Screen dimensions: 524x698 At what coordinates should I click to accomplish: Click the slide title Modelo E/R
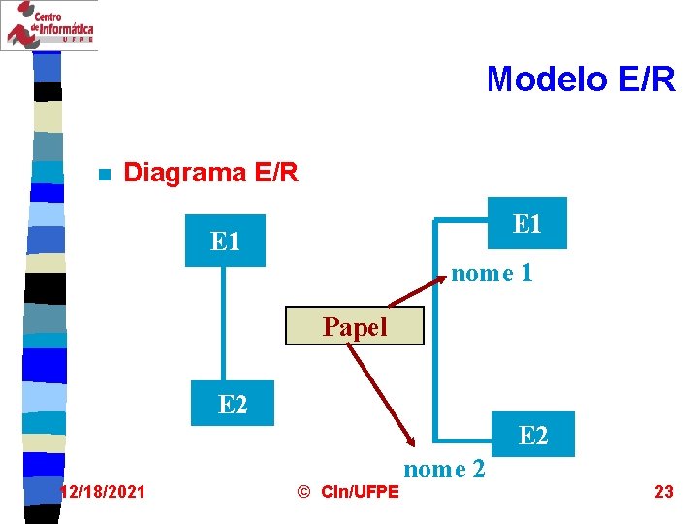pos(580,79)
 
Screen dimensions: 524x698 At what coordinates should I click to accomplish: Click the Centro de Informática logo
pos(49,25)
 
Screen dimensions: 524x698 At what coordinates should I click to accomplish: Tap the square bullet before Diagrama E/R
pos(104,176)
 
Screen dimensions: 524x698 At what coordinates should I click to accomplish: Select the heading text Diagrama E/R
pos(211,174)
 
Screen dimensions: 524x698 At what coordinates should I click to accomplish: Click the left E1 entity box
pos(225,241)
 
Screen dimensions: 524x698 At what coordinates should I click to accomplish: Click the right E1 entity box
pos(527,223)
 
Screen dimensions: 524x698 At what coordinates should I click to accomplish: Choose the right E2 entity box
pos(533,436)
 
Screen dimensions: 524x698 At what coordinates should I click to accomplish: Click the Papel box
pos(355,327)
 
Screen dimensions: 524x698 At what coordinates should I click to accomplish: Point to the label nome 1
pos(492,274)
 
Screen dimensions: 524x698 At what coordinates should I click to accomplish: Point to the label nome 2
pos(444,470)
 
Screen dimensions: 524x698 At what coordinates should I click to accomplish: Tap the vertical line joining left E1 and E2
pos(224,325)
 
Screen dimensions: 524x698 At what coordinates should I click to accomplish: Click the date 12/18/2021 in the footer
pos(104,492)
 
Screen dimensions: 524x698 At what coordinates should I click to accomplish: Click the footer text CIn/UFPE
pos(359,492)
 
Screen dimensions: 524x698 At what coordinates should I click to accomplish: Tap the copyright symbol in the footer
pos(303,492)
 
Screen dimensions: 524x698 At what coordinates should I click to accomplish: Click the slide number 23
pos(664,492)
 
